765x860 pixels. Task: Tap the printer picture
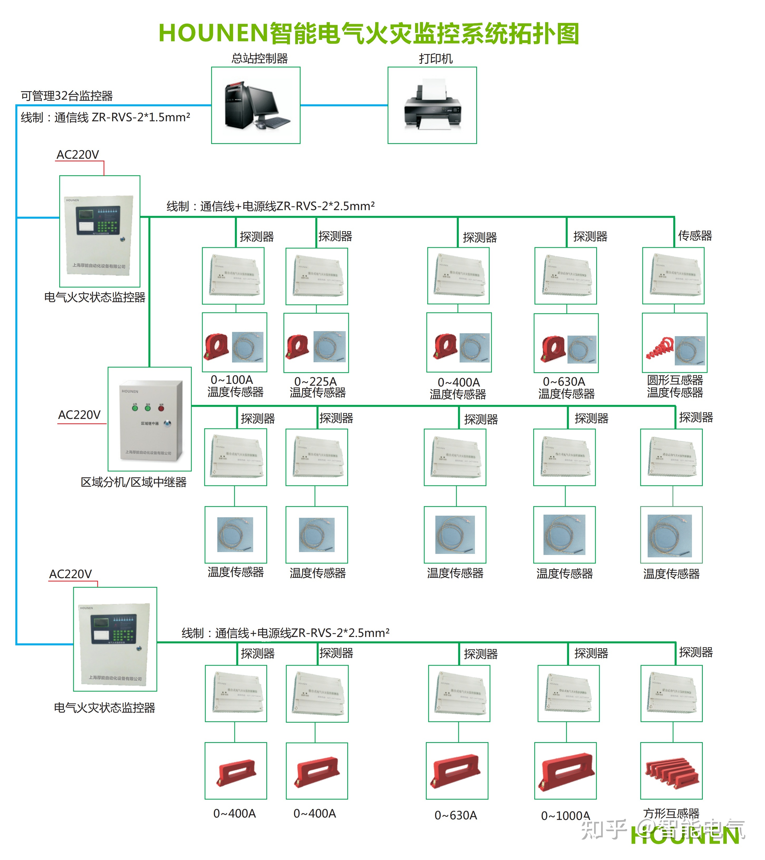(x=432, y=105)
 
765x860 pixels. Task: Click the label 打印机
(x=436, y=59)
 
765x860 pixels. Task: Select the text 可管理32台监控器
(x=67, y=96)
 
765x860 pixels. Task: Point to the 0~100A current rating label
(x=232, y=380)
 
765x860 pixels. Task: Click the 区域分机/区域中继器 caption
(x=133, y=482)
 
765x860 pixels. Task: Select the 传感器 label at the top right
(x=695, y=236)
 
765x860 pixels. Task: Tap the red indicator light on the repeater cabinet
(x=161, y=407)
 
